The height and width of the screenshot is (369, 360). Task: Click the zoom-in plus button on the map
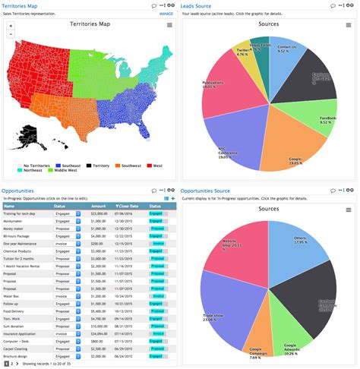pyautogui.click(x=10, y=26)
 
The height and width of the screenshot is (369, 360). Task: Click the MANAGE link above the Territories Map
pyautogui.click(x=166, y=14)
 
